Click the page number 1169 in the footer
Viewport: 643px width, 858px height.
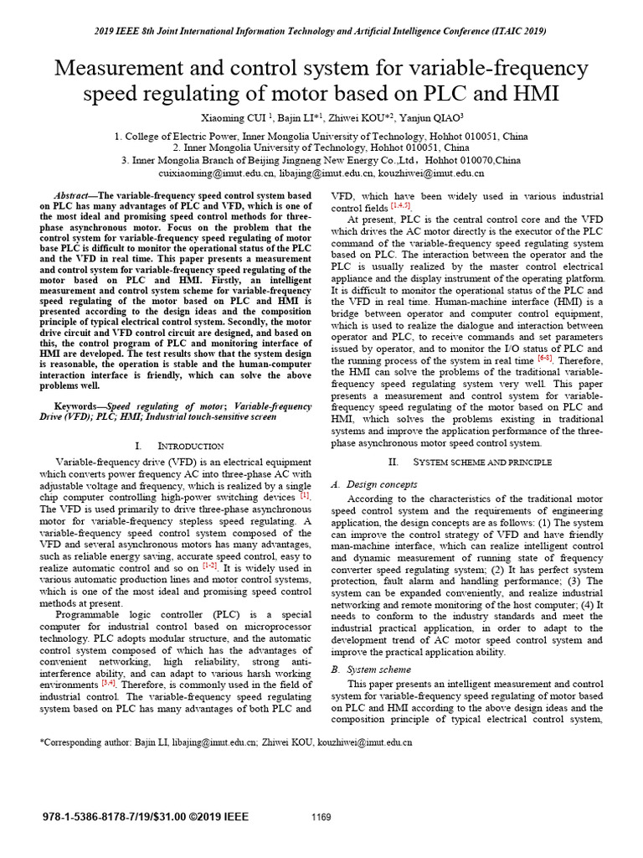(x=321, y=818)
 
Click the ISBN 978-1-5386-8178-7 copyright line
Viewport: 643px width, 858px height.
(x=145, y=817)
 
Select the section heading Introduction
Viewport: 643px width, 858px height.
(x=176, y=445)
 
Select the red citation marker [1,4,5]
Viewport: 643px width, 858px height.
(x=401, y=206)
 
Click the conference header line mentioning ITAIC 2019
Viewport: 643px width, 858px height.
(x=321, y=31)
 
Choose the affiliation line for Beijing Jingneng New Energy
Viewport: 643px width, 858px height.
(x=321, y=160)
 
